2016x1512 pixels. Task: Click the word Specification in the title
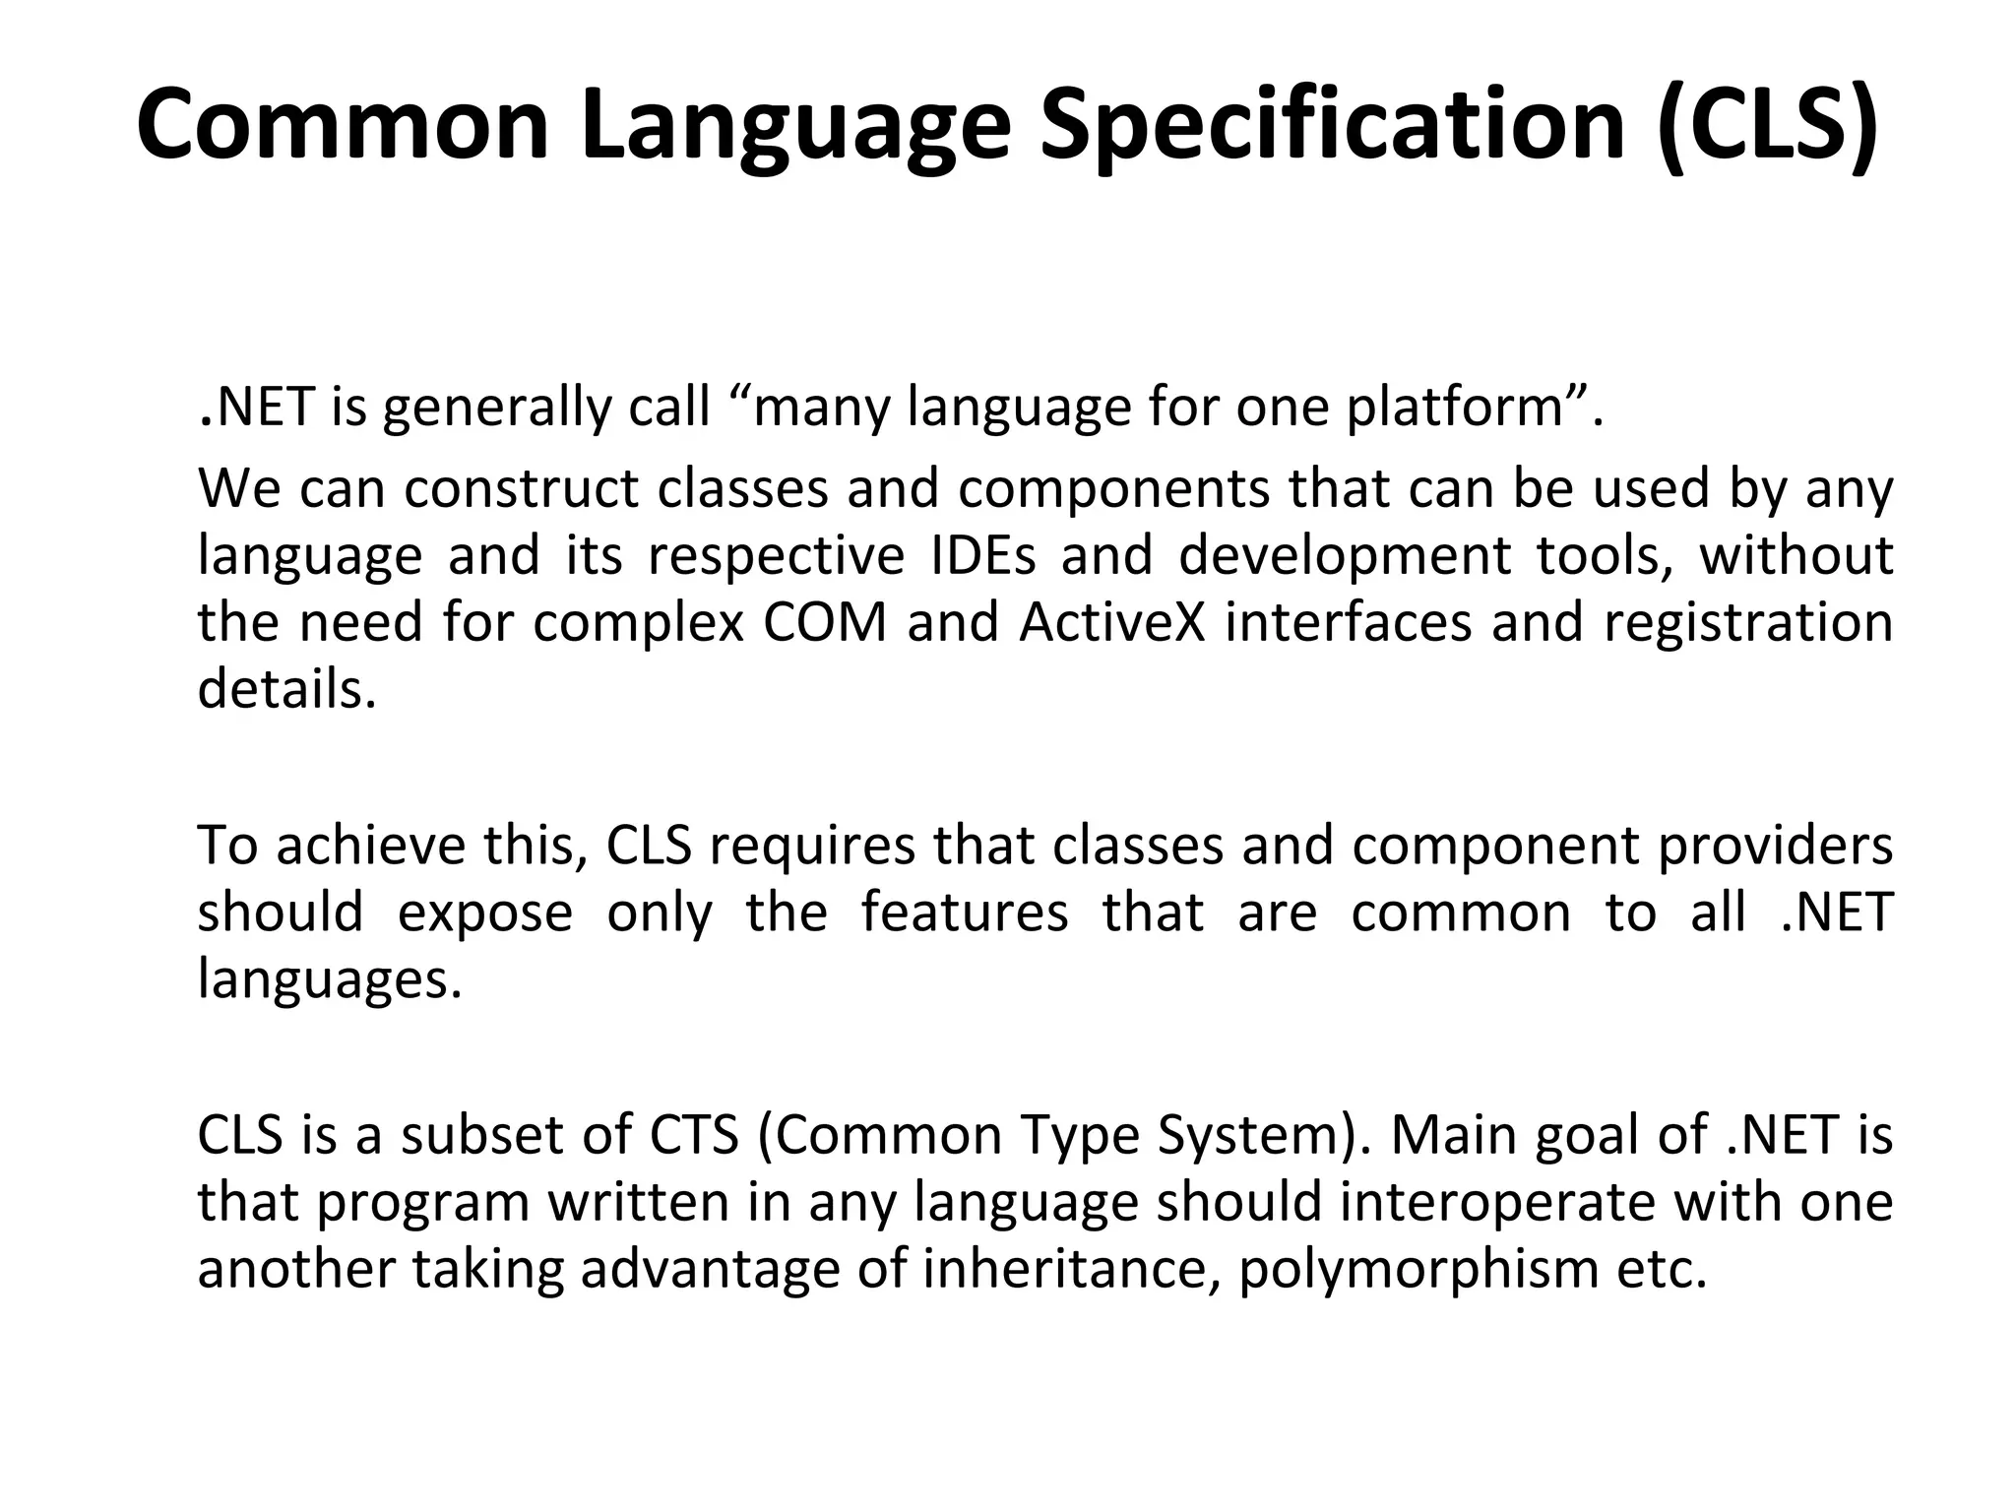(1332, 125)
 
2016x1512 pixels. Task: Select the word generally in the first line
(497, 407)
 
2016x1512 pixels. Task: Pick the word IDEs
(983, 555)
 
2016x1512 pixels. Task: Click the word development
(1344, 555)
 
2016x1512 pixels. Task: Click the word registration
(1748, 622)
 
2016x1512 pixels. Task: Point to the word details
(286, 689)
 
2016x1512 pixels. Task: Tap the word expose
(484, 913)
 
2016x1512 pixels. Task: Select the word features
(965, 913)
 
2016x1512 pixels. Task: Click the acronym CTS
(694, 1135)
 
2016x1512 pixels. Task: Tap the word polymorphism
(1418, 1269)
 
